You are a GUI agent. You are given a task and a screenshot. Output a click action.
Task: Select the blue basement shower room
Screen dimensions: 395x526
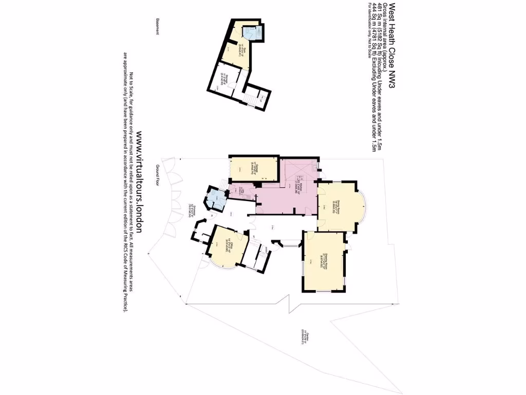253,33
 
